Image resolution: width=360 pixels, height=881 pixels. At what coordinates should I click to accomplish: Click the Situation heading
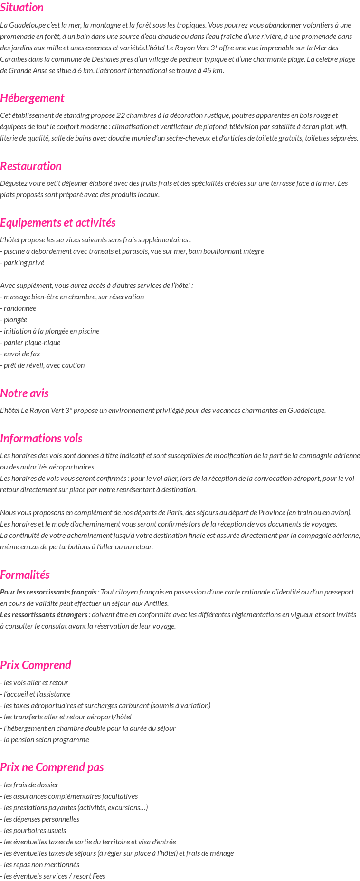(x=22, y=8)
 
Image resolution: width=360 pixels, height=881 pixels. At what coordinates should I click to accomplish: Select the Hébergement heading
(x=32, y=98)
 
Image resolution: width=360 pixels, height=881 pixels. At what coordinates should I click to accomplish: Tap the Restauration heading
(x=31, y=166)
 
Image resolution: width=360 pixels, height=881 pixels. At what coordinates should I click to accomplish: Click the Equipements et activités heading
(x=57, y=223)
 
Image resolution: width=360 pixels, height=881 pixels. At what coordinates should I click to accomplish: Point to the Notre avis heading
(x=24, y=393)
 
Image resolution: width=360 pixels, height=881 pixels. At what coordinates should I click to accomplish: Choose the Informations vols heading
(x=41, y=439)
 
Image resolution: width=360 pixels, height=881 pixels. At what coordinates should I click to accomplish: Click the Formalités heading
(x=25, y=575)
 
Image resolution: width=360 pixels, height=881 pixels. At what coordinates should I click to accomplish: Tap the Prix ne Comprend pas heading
(x=52, y=767)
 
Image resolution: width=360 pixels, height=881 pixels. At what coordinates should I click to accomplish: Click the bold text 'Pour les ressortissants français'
(x=48, y=592)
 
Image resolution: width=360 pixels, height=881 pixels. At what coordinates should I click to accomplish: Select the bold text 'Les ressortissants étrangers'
(x=44, y=615)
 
